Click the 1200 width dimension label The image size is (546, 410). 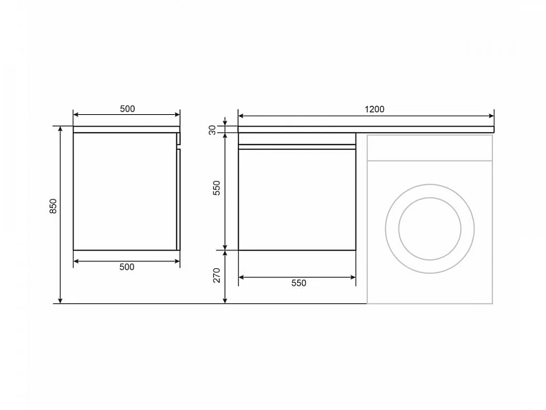point(374,109)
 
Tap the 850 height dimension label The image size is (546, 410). point(53,206)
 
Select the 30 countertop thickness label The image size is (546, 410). point(212,130)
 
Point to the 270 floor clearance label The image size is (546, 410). point(217,275)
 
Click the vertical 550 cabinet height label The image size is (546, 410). point(217,188)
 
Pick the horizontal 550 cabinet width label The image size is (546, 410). point(298,283)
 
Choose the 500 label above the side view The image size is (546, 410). point(127,109)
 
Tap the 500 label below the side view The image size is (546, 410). point(127,267)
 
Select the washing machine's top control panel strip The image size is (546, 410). point(430,148)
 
